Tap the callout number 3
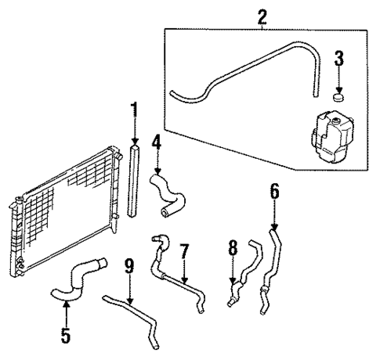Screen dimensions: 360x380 click(338, 58)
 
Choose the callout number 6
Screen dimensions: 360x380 click(273, 190)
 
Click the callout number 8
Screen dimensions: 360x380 click(232, 248)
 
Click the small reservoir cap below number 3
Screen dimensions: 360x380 click(338, 98)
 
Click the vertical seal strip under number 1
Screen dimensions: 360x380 click(134, 180)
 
